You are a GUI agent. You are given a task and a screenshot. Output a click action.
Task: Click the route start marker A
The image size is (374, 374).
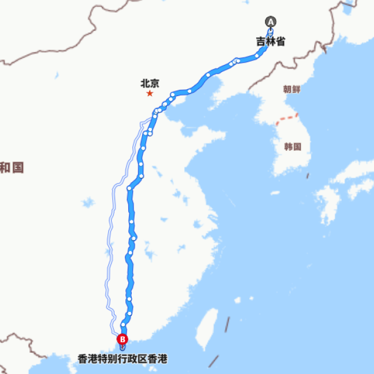tap(270, 22)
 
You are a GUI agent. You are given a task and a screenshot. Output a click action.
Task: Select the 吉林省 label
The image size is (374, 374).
tap(270, 41)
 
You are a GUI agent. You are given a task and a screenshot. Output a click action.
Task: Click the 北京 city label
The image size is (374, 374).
tap(150, 83)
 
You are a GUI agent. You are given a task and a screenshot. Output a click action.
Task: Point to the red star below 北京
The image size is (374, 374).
tap(150, 93)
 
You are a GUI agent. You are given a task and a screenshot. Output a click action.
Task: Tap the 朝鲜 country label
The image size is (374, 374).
tap(292, 89)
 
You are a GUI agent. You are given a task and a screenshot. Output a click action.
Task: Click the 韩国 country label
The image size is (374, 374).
tap(292, 146)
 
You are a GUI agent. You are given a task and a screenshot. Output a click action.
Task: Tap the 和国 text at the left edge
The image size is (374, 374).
tap(12, 167)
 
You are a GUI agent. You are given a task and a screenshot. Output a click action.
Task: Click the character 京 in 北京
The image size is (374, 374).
tap(155, 83)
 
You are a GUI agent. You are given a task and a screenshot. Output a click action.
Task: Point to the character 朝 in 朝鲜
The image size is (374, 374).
tap(288, 89)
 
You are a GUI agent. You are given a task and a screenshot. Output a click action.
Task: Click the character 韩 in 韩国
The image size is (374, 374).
tap(288, 146)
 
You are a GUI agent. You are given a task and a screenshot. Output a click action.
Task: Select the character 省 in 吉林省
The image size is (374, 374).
tap(280, 41)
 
